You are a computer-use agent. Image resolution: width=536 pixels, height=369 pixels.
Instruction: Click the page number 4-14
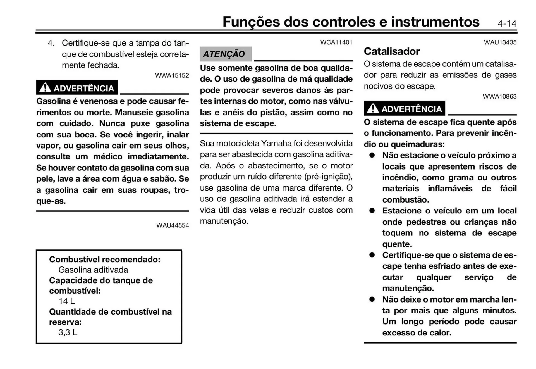pyautogui.click(x=507, y=23)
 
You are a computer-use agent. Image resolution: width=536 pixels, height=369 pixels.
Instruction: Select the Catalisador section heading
pyautogui.click(x=391, y=51)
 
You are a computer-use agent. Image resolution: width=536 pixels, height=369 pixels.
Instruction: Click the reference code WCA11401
pyautogui.click(x=336, y=42)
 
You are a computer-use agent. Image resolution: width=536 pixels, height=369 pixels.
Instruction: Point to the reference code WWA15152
pyautogui.click(x=172, y=75)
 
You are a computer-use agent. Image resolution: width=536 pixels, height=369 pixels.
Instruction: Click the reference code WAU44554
pyautogui.click(x=173, y=225)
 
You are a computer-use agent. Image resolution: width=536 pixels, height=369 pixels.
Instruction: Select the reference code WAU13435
pyautogui.click(x=500, y=42)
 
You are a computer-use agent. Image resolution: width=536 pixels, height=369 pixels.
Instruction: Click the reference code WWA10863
pyautogui.click(x=499, y=96)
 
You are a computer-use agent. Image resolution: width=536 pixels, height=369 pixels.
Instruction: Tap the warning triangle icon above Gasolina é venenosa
pyautogui.click(x=45, y=88)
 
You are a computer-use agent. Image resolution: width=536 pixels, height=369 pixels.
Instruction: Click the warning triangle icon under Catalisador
pyautogui.click(x=373, y=108)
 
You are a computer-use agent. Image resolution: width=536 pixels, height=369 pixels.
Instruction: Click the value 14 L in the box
pyautogui.click(x=66, y=301)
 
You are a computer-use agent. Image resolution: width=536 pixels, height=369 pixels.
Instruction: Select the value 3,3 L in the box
pyautogui.click(x=68, y=332)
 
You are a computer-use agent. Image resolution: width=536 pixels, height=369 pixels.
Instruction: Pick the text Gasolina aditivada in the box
pyautogui.click(x=93, y=270)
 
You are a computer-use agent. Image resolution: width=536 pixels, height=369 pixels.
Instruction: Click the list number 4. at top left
pyautogui.click(x=51, y=43)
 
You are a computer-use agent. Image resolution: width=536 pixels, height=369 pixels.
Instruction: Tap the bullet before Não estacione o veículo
pyautogui.click(x=372, y=155)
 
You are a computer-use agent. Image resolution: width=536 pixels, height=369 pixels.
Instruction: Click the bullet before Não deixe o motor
pyautogui.click(x=372, y=299)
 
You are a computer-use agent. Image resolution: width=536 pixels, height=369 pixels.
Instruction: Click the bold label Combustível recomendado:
pyautogui.click(x=105, y=260)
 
